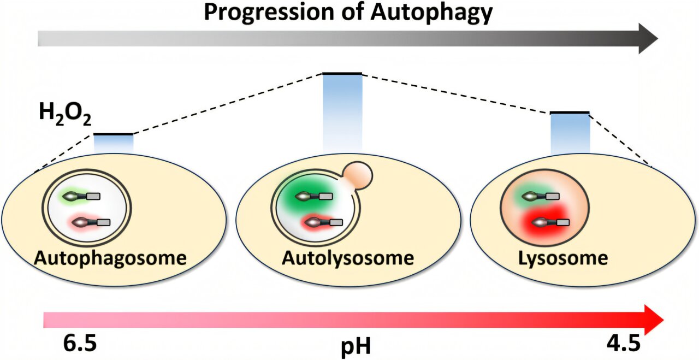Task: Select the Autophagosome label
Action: [110, 257]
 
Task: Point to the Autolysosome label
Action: [347, 257]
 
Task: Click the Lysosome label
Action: [562, 257]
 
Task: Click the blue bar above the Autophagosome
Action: [113, 144]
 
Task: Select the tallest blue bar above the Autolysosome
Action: [342, 112]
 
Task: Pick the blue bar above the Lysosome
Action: [570, 133]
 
